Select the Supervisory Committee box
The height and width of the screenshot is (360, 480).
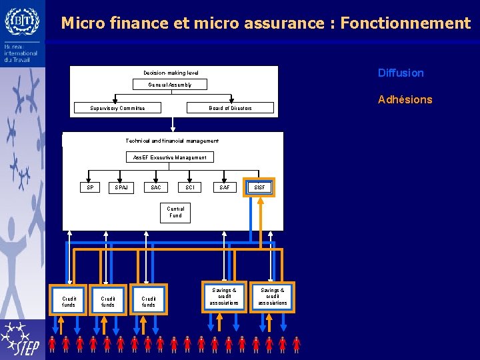117,108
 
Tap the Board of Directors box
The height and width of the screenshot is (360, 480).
230,108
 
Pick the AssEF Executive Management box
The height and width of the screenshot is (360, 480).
169,157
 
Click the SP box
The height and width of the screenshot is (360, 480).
90,187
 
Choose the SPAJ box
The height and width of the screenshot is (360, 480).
121,187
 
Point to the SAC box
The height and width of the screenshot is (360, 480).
155,187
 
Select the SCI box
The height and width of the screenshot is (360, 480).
190,187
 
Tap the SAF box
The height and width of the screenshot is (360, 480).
225,187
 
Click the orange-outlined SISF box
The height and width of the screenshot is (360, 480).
259,187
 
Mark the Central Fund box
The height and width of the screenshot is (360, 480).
175,212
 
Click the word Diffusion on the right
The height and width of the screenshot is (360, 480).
401,73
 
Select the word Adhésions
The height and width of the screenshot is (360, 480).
405,99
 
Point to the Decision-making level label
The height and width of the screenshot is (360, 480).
171,73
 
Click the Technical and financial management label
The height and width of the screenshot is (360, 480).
172,141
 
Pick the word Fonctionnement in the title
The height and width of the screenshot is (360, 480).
405,23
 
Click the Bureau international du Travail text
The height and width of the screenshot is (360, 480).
20,53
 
